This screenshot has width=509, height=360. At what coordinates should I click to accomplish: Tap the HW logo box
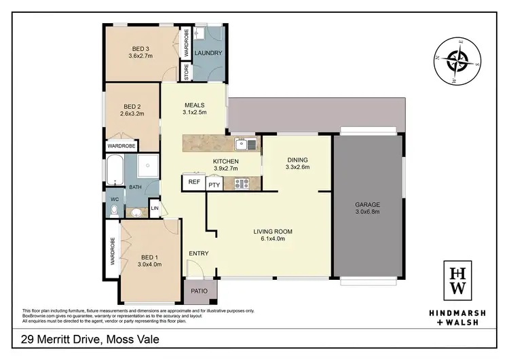459,280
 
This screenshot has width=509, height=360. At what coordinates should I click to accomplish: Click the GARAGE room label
367,204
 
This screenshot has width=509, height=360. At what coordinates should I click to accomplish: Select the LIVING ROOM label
269,234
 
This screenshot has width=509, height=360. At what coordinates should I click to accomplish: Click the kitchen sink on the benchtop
243,143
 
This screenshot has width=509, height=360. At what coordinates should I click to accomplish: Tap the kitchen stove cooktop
242,183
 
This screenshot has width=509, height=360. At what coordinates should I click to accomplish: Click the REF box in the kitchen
194,182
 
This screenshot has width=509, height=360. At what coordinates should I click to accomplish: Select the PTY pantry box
214,183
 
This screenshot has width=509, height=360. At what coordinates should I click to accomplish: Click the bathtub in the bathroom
114,168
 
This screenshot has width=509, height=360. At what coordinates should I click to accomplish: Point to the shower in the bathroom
147,166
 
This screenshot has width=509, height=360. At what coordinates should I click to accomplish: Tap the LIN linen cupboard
155,209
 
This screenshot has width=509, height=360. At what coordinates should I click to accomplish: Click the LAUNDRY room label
208,53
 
